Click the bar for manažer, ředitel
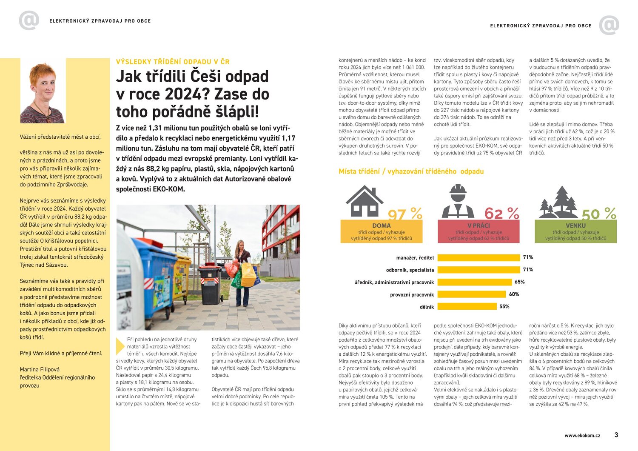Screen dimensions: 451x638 coord(478,257)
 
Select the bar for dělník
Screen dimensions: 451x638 coord(467,306)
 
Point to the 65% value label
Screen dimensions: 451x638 coord(519,282)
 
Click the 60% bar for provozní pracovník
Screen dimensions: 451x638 coord(472,294)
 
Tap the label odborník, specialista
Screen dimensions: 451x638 coord(410,270)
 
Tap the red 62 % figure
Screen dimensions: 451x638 coord(502,213)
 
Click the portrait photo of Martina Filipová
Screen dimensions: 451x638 coord(43,91)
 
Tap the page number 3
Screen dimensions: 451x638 coord(616,435)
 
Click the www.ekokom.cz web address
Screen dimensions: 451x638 coord(582,435)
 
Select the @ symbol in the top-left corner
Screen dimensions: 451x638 coord(29,20)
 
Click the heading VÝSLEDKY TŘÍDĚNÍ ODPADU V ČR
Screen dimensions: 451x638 coord(173,62)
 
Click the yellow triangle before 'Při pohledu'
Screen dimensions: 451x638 coord(120,346)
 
